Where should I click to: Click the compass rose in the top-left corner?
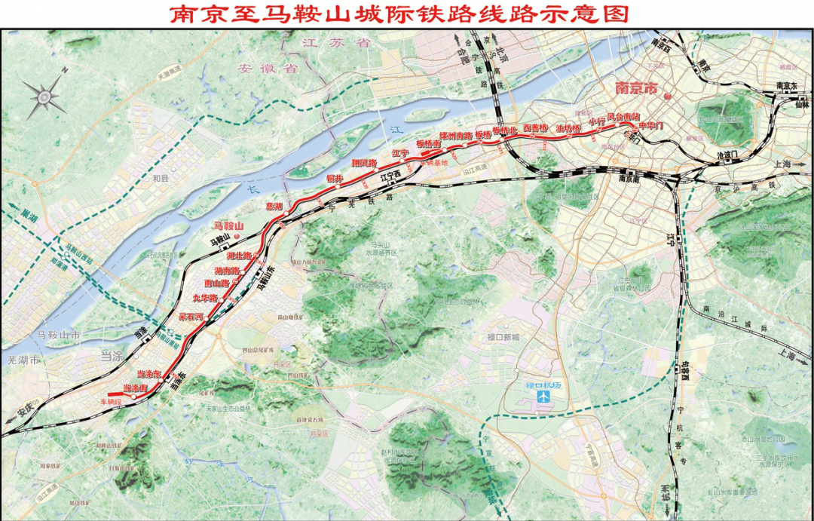[45, 94]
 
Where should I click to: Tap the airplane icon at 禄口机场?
[540, 396]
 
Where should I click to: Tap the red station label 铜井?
[334, 179]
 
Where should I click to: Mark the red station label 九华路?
[204, 299]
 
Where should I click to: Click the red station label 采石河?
[191, 317]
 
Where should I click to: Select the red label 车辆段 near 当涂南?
[111, 403]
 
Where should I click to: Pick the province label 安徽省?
[258, 68]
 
